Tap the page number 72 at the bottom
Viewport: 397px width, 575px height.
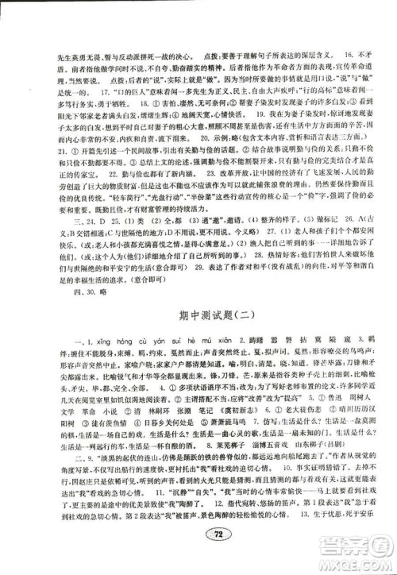pyautogui.click(x=198, y=558)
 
